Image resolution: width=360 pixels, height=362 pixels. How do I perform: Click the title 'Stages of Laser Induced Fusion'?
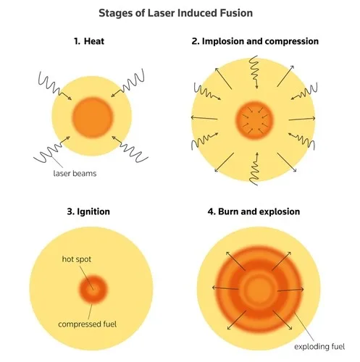175,13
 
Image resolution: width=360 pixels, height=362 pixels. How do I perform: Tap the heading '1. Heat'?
89,41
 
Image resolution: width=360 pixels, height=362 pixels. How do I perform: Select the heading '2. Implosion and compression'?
255,41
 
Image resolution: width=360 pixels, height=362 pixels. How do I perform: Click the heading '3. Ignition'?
88,211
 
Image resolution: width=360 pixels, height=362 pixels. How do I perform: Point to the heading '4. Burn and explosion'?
254,211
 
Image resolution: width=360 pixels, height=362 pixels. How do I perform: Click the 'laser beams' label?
75,173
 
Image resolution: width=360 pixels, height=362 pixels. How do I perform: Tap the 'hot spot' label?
77,259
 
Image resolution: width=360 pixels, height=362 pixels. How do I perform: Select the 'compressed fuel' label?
88,324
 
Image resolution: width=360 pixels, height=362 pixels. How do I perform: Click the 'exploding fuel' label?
319,347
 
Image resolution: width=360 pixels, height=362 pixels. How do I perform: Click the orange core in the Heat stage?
93,117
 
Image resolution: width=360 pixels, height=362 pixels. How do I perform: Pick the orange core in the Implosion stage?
254,120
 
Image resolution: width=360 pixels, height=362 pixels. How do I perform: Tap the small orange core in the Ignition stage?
93,289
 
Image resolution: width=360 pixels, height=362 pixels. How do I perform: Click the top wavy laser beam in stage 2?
254,72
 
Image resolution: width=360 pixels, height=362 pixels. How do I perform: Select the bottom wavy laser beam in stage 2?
254,169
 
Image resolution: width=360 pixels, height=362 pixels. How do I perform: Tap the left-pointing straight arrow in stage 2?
204,118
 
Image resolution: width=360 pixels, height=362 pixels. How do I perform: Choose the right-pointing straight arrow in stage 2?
302,119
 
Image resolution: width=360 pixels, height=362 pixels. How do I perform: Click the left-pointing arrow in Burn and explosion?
225,288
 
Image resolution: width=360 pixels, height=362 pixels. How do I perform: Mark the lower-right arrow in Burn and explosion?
282,320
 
